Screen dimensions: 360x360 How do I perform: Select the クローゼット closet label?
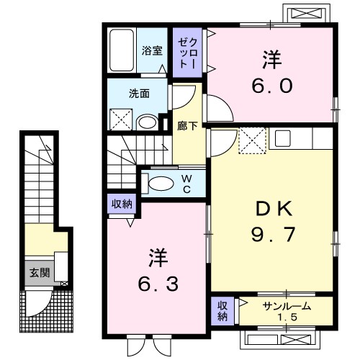pyautogui.click(x=186, y=51)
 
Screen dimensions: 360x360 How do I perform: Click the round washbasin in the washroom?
pyautogui.click(x=147, y=122)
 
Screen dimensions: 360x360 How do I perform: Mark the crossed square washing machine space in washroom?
pyautogui.click(x=120, y=120)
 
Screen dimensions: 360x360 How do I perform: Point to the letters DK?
pyautogui.click(x=272, y=210)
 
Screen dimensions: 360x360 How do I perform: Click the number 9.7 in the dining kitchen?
pyautogui.click(x=272, y=235)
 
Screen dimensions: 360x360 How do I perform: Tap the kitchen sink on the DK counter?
pyautogui.click(x=282, y=136)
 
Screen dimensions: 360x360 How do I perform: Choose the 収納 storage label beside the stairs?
pyautogui.click(x=121, y=204)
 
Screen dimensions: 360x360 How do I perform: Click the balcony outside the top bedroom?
pyautogui.click(x=297, y=15)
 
